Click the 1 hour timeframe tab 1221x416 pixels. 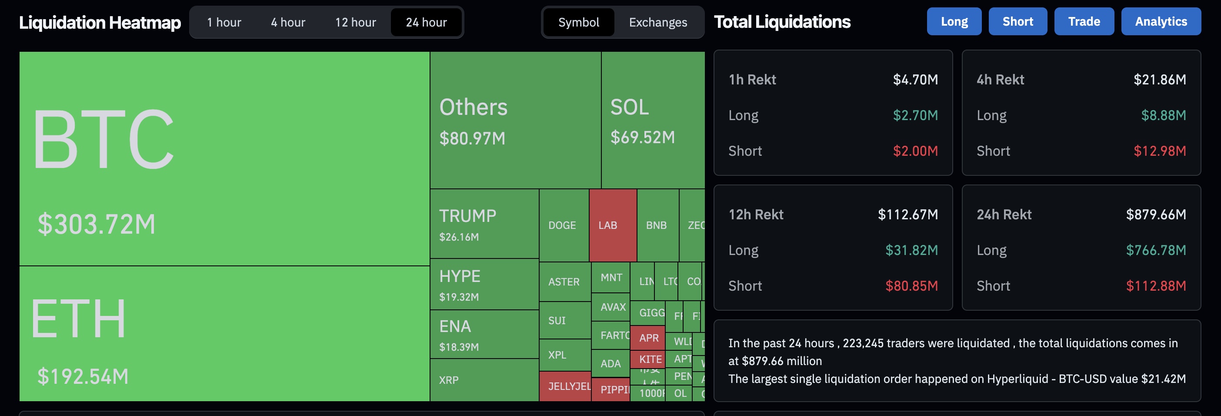(224, 22)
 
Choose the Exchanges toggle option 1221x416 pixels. (657, 22)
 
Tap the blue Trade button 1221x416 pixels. (1084, 22)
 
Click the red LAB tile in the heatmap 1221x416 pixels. (612, 225)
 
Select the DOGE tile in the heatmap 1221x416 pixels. (563, 225)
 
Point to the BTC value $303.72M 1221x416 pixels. (97, 225)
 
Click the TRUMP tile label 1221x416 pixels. (467, 216)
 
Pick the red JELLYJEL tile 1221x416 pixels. (565, 386)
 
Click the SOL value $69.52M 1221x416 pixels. (642, 138)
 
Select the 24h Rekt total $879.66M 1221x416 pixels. (1156, 215)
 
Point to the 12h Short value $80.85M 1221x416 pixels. (911, 286)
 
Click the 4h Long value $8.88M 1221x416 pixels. (1163, 115)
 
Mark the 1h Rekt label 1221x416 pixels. (752, 80)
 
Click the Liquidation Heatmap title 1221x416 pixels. (100, 22)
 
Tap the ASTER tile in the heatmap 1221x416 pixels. (564, 282)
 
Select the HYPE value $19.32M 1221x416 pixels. (459, 297)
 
